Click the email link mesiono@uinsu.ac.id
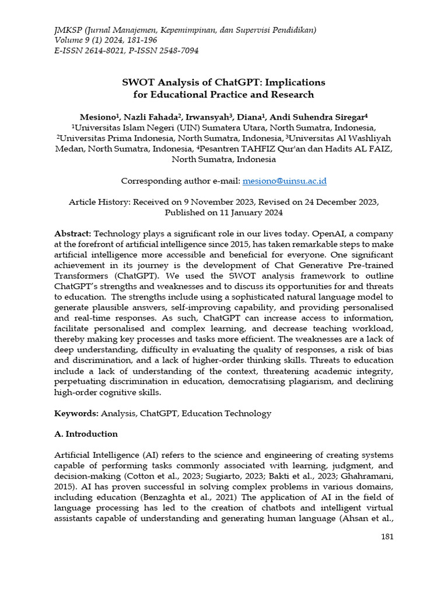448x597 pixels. (x=284, y=181)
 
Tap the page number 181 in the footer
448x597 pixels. (x=386, y=537)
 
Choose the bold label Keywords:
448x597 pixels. (x=76, y=413)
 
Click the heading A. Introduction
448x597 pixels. (x=86, y=434)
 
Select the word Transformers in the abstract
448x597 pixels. (x=82, y=275)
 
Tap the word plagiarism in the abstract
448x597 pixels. (x=310, y=381)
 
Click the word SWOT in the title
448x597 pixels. (x=138, y=82)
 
